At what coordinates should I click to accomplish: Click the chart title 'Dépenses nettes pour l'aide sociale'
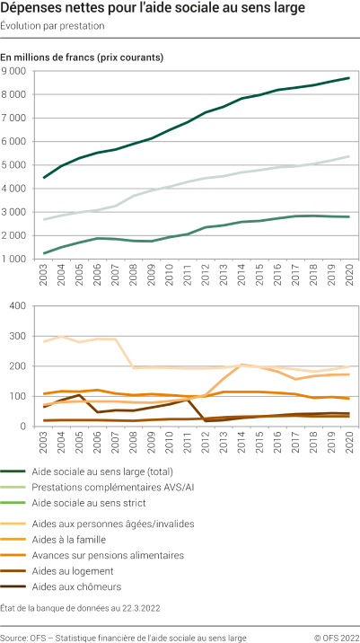(153, 10)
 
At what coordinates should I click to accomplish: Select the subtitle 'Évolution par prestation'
(53, 26)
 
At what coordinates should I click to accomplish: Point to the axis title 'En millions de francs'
(82, 57)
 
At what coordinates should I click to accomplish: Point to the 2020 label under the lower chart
(348, 441)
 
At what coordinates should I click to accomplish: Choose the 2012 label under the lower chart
(205, 441)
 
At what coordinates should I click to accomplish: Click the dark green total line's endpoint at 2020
(348, 78)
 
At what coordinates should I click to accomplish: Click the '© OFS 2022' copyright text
(334, 637)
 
